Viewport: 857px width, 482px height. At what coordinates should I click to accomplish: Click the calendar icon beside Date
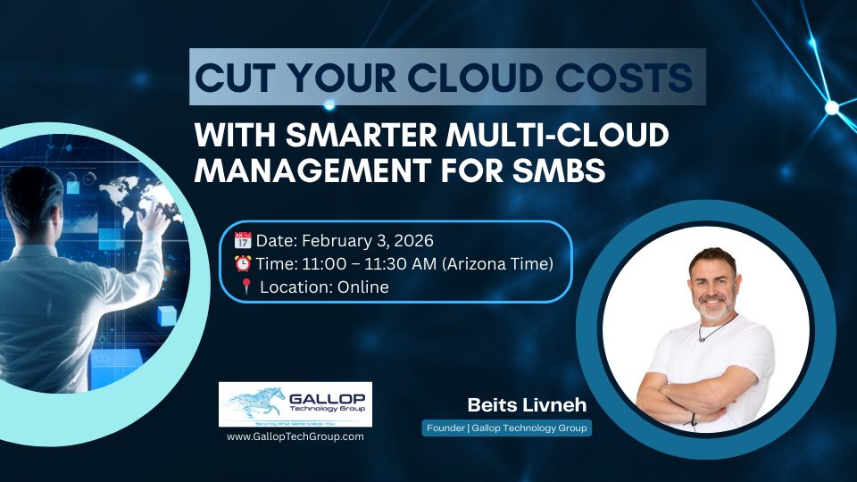243,240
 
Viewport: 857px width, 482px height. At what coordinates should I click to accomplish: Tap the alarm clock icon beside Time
243,264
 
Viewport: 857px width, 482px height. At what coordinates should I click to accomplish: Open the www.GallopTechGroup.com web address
295,436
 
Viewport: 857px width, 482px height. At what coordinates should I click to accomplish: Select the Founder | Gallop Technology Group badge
507,429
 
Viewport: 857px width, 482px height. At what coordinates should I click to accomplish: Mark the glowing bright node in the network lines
832,108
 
